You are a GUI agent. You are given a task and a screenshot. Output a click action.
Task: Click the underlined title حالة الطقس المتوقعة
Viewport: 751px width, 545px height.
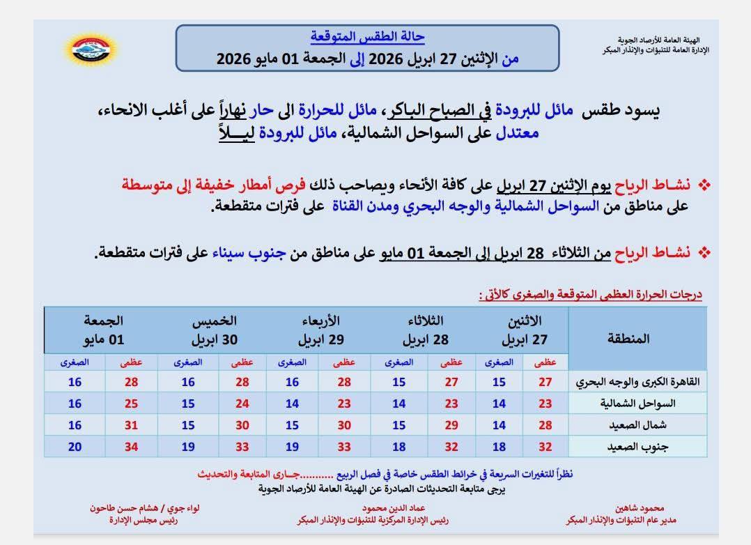pos(367,36)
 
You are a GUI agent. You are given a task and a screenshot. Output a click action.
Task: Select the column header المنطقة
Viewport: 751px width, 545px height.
pos(629,339)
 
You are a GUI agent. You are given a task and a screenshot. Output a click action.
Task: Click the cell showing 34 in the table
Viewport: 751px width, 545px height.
pos(132,446)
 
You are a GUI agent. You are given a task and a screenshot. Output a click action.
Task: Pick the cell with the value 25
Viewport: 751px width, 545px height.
pos(132,404)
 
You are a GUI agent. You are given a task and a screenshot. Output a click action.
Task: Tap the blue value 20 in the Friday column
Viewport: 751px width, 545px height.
pos(75,446)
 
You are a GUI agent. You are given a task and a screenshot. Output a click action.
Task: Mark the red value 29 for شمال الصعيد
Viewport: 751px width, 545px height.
pos(452,425)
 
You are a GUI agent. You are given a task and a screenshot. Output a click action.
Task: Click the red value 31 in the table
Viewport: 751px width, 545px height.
pos(132,425)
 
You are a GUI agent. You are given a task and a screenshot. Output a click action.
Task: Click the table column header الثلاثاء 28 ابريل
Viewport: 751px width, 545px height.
pos(426,331)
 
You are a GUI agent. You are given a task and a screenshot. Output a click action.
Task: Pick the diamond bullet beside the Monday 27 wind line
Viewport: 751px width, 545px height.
pos(704,186)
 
